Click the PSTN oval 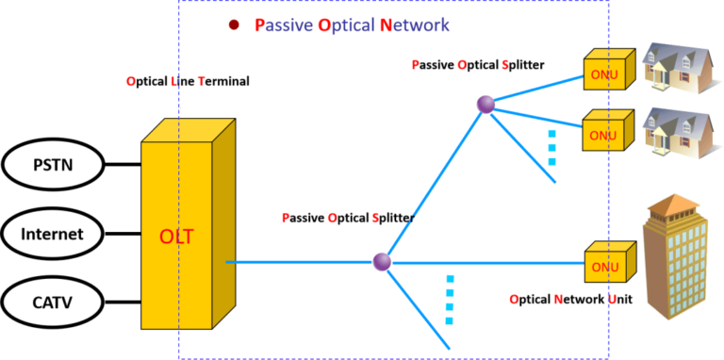click(52, 167)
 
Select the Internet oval click(52, 235)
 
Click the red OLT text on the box click(176, 236)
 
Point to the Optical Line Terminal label click(188, 81)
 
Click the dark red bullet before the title click(235, 25)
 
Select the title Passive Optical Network click(352, 25)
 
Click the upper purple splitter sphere click(485, 105)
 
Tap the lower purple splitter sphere click(382, 261)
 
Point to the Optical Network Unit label click(569, 300)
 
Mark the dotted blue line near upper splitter click(551, 148)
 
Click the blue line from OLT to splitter click(302, 261)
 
